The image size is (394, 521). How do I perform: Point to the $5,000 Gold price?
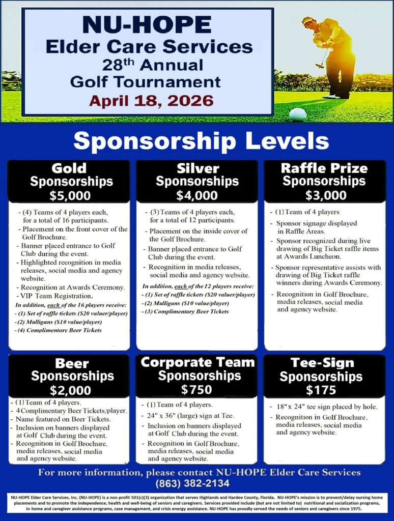71,194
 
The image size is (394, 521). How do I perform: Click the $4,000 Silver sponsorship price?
196,194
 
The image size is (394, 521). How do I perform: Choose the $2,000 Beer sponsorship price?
71,390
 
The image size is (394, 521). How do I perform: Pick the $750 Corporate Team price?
196,389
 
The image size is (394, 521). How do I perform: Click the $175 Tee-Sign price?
321,390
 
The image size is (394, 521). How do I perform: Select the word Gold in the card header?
69,168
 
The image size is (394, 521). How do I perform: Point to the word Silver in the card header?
198,168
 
